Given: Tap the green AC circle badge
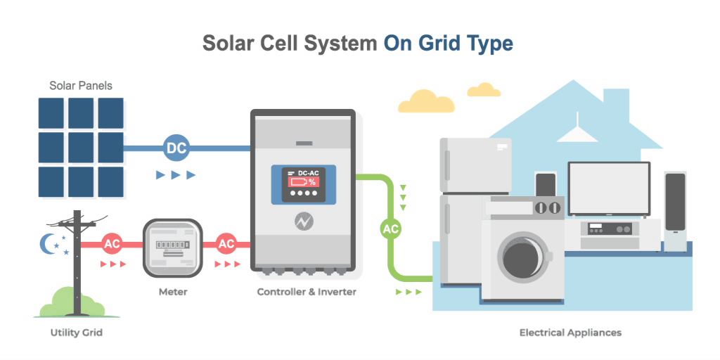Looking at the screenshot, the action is point(391,229).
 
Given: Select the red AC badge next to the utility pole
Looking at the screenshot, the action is point(112,244).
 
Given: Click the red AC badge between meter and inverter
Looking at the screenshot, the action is point(226,244).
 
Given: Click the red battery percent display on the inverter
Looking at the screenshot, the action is point(303,182).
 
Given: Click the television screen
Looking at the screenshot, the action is point(609,188).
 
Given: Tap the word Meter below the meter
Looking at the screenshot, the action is point(173,292).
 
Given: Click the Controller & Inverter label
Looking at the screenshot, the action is point(307,292).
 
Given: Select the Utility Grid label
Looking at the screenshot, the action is point(76,333).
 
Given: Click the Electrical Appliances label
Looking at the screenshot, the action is point(570,333).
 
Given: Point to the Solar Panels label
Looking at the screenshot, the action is point(81,86).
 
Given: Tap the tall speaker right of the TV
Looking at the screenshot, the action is point(676,211).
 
